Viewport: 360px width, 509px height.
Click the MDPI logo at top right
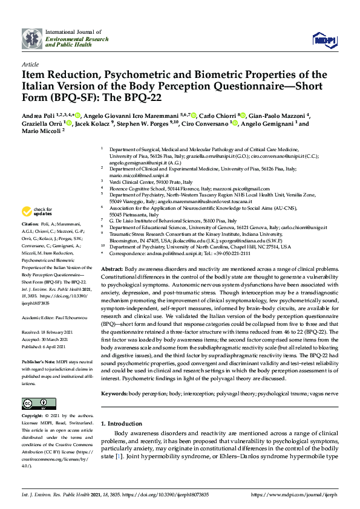324,39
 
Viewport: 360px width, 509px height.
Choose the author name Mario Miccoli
41,133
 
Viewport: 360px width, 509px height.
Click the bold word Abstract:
112,268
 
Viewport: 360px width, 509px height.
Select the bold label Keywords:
114,394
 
